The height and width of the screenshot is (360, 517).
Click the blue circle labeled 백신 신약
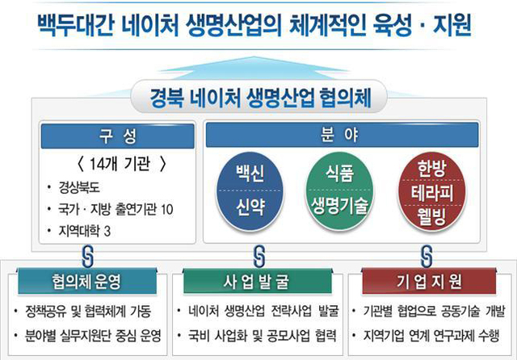coord(250,191)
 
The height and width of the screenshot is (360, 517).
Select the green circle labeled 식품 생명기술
coord(339,191)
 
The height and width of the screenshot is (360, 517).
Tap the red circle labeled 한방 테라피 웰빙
coord(431,191)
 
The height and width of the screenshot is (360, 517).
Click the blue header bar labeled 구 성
coord(117,136)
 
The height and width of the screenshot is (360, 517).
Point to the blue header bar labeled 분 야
coord(342,135)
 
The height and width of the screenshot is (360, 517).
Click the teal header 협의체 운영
coord(87,281)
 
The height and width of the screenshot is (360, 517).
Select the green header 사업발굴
coord(258,281)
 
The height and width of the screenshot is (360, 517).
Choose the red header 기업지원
coord(429,281)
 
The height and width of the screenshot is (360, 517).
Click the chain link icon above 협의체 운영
coord(87,256)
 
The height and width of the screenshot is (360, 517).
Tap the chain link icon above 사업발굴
coord(259,256)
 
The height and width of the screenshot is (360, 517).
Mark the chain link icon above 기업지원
coord(427,256)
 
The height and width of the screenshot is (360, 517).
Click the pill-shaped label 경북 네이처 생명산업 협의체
coord(258,97)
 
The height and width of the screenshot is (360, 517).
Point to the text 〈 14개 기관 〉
coord(121,164)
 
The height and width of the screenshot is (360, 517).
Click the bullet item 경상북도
coord(79,187)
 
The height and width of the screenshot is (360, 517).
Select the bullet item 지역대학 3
coord(85,231)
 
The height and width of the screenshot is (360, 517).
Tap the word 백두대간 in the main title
coord(75,25)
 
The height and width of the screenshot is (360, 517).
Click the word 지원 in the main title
coord(452,25)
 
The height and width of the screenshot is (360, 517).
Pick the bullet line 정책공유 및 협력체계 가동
coord(88,312)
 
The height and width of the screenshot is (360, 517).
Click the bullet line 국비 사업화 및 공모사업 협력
coord(262,336)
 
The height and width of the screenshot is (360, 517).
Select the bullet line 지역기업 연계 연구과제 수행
coord(431,336)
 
